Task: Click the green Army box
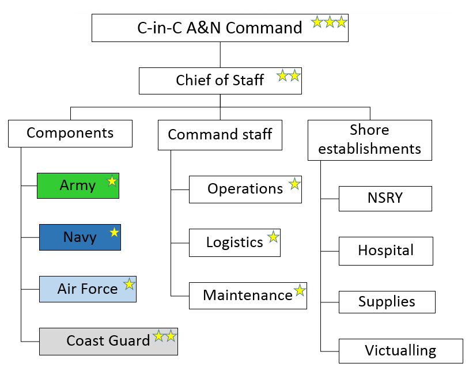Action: click(78, 185)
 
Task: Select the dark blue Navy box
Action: click(80, 237)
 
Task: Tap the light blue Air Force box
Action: click(88, 289)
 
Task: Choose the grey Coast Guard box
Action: click(108, 341)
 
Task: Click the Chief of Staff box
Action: click(220, 81)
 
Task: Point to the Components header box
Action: click(70, 133)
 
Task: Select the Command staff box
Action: click(220, 135)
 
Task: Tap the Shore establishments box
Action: click(369, 140)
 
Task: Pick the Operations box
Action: click(245, 189)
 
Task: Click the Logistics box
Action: click(234, 243)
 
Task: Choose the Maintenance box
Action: click(248, 296)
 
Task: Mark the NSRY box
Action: click(385, 198)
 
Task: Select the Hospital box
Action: click(385, 251)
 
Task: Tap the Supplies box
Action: click(387, 302)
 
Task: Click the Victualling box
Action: click(400, 351)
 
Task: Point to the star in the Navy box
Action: click(115, 232)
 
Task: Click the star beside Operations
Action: click(294, 184)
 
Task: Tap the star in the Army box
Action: click(112, 181)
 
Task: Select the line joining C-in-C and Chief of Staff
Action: click(221, 55)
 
